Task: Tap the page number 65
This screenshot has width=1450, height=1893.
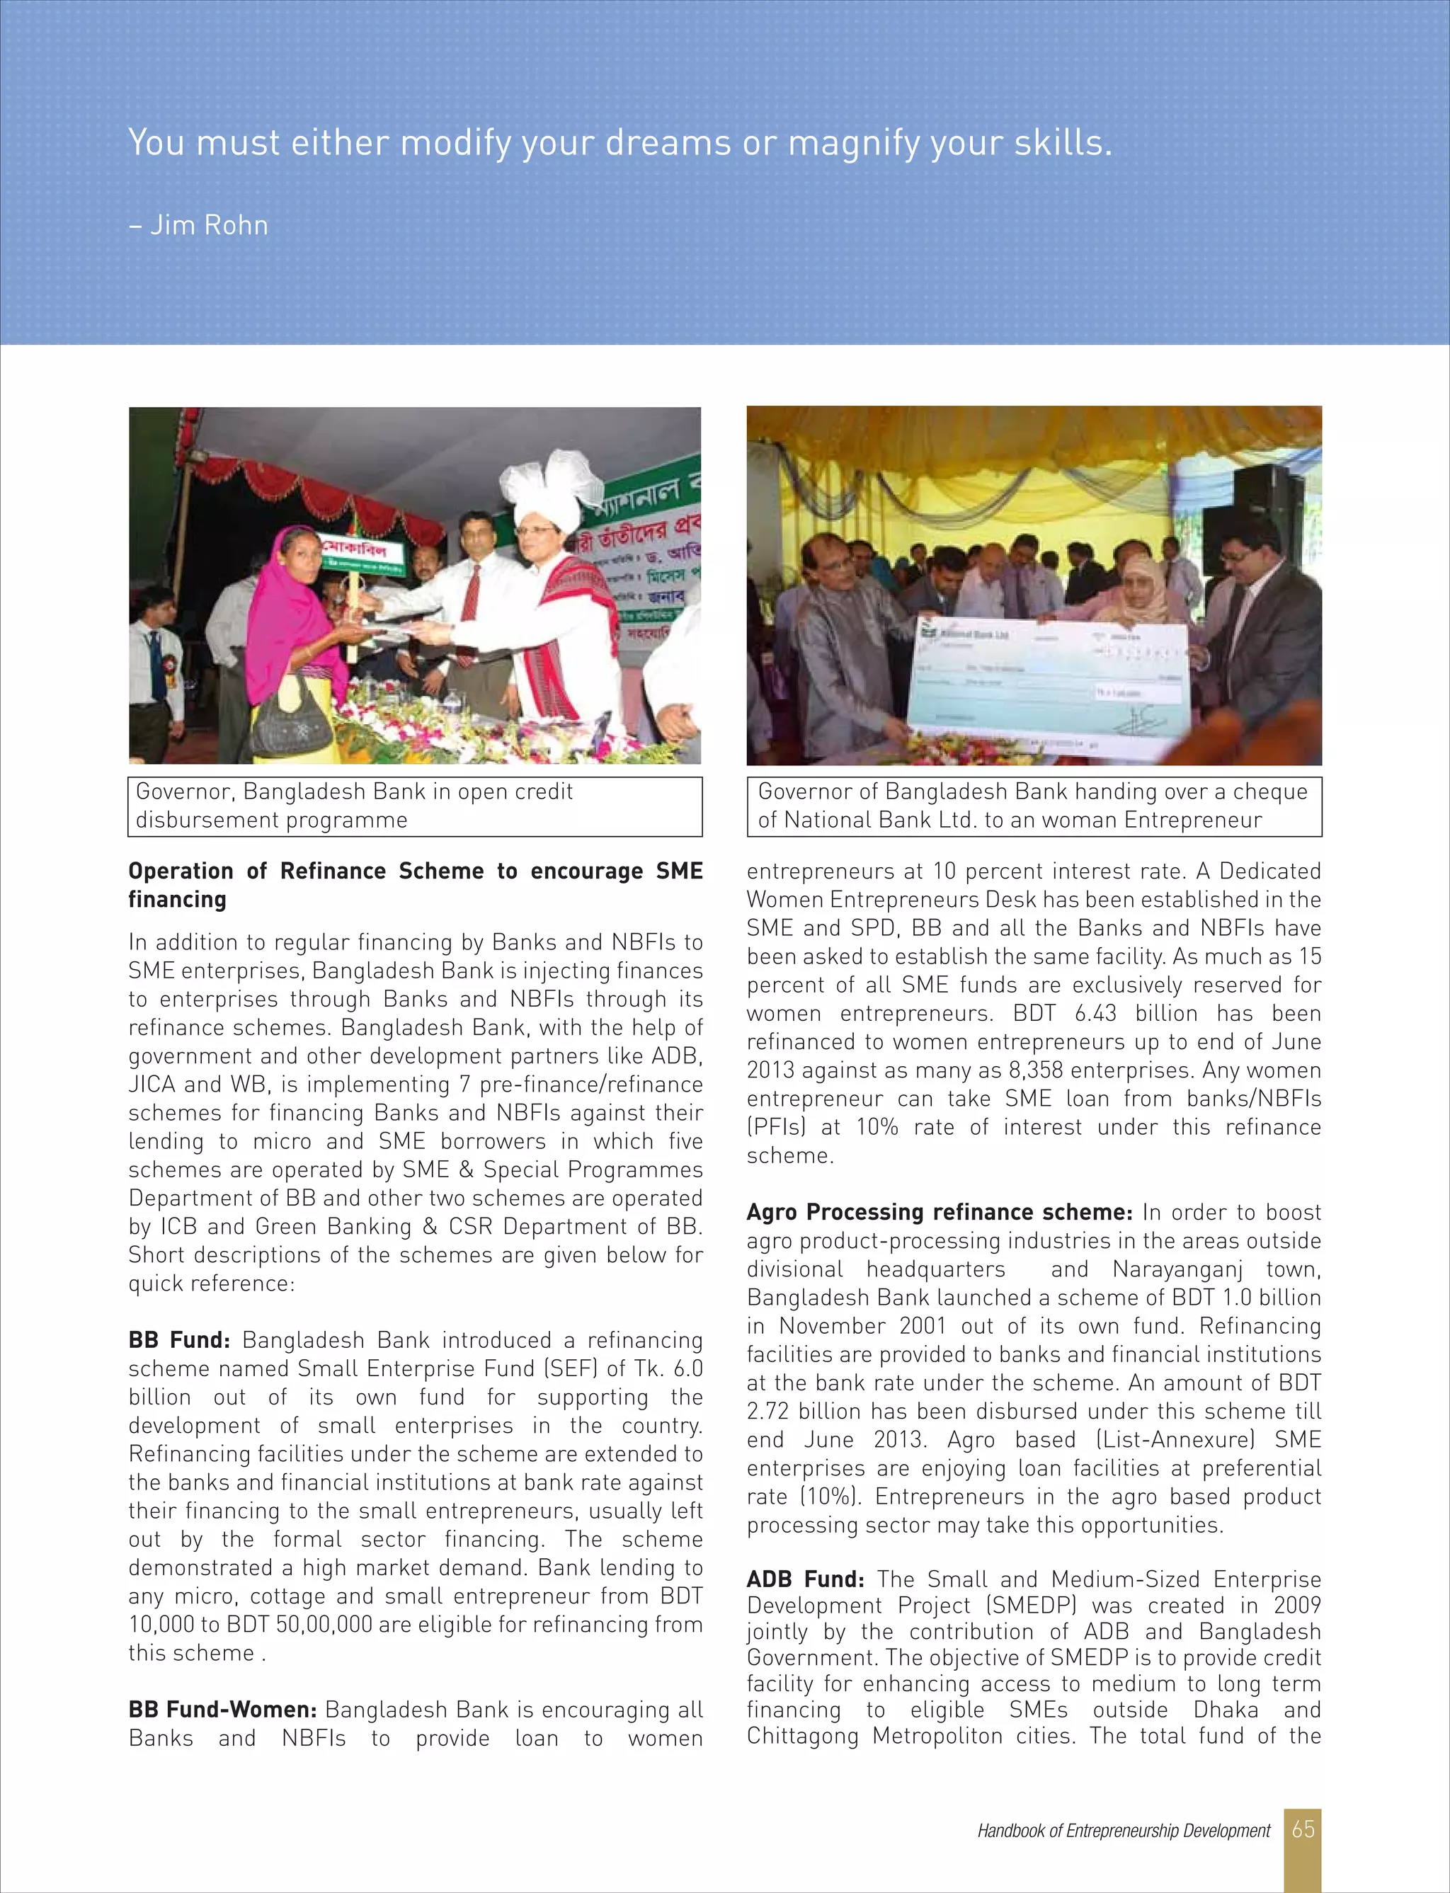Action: (1303, 1829)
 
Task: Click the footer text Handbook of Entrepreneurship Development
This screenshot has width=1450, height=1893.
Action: (1123, 1830)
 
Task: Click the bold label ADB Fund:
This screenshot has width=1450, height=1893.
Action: (804, 1579)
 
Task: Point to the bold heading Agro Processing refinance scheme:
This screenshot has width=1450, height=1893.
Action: (938, 1212)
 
